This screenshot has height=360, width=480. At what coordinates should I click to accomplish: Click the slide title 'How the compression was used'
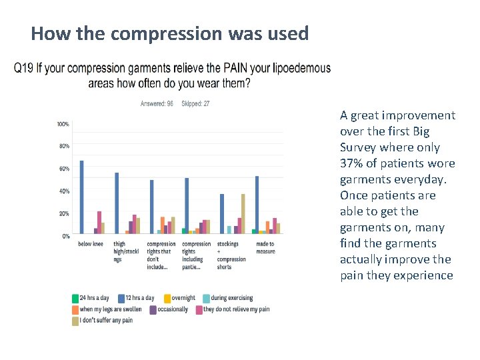[x=169, y=33]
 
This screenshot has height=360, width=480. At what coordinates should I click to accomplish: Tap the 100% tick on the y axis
[x=63, y=124]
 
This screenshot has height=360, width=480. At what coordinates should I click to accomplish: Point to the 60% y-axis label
[x=64, y=169]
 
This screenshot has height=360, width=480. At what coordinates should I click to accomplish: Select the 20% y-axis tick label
[x=64, y=213]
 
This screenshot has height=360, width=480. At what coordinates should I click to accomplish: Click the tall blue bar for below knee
[x=81, y=197]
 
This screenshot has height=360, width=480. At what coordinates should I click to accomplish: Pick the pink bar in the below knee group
[x=99, y=222]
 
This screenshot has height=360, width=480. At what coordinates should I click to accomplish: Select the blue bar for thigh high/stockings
[x=117, y=203]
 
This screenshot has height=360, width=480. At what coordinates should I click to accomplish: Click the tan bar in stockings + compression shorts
[x=243, y=213]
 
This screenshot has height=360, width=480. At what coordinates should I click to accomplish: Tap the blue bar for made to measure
[x=257, y=205]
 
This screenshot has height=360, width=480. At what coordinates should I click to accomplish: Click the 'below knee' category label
[x=90, y=244]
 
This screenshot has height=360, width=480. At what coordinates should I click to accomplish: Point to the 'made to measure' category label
[x=265, y=248]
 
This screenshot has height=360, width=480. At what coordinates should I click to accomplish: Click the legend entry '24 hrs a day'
[x=93, y=298]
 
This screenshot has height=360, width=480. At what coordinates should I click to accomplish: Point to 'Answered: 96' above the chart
[x=157, y=103]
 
